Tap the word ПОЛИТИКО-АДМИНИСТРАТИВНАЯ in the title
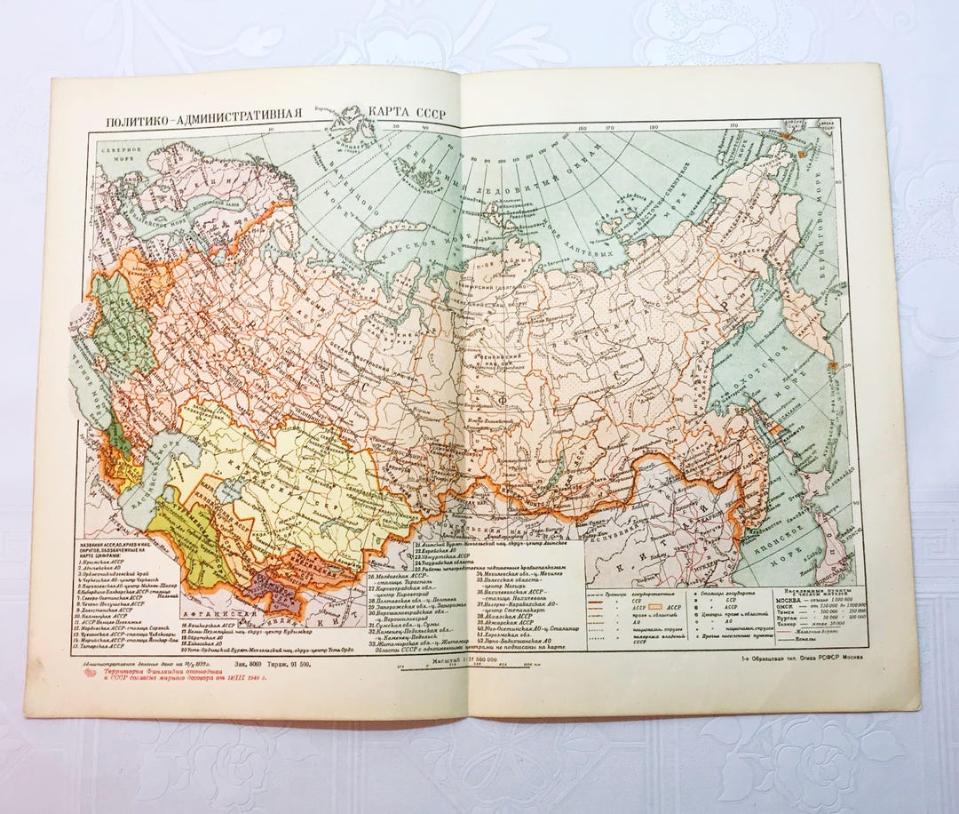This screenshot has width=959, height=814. pyautogui.click(x=205, y=120)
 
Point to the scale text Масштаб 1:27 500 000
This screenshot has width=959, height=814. pyautogui.click(x=458, y=662)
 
